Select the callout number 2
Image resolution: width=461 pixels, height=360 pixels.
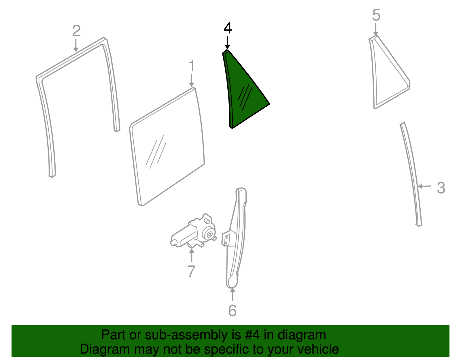coord(76,31)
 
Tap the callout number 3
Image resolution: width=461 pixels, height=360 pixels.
coord(441,188)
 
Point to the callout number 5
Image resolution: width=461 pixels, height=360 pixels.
coord(376,15)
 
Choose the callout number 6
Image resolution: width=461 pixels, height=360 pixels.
coord(232,311)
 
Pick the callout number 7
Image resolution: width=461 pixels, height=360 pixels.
coord(191,271)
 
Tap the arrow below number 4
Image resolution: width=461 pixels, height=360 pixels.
coord(227,43)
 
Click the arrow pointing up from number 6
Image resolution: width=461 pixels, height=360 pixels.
coord(233,294)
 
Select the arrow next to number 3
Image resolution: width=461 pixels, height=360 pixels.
coord(424,186)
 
